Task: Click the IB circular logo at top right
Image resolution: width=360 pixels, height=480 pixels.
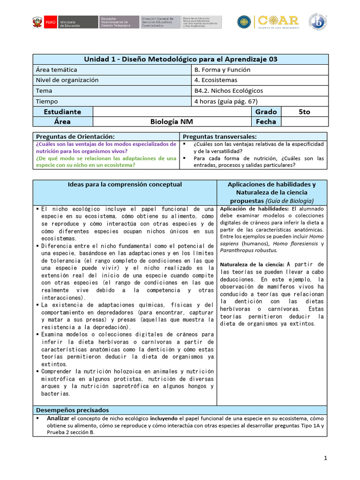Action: coord(317,22)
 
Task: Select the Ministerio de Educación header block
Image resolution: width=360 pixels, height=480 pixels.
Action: coord(71,22)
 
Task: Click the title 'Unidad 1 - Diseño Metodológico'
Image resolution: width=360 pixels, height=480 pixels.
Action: coord(180,59)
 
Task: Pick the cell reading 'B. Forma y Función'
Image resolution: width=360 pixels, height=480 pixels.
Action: coord(222,70)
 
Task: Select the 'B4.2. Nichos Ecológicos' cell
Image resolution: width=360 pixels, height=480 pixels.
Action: coord(228,90)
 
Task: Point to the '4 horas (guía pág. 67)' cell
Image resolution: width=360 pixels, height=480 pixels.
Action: coord(226,101)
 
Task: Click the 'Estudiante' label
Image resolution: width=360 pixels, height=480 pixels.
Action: coord(62,112)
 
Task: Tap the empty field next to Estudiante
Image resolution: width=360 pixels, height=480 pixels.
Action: coord(172,112)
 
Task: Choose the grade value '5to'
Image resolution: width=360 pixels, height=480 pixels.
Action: coord(304,112)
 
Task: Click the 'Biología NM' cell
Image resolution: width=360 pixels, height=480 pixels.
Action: coord(172,122)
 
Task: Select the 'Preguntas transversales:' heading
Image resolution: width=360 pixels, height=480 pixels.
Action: coord(215,135)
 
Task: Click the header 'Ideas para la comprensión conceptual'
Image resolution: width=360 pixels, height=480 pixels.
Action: coord(125,185)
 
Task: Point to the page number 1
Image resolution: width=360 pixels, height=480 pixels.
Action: coord(325,457)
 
